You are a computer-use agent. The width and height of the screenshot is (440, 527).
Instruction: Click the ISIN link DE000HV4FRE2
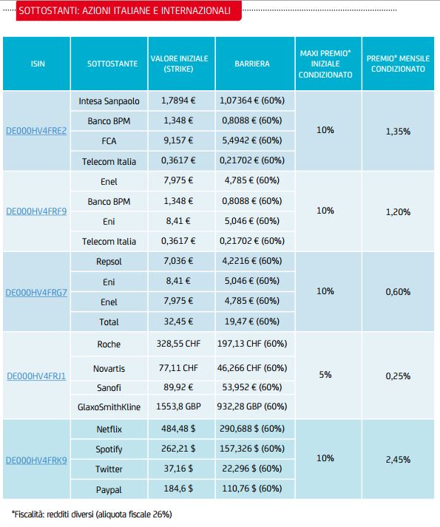(36, 131)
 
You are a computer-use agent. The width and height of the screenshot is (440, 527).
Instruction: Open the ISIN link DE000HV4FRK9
(36, 460)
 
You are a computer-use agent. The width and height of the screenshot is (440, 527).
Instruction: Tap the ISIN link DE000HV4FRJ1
(36, 376)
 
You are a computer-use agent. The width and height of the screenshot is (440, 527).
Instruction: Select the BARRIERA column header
(252, 64)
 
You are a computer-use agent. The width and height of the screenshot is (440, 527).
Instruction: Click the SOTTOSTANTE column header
(112, 64)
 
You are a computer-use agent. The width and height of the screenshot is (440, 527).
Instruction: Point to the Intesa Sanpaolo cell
(109, 101)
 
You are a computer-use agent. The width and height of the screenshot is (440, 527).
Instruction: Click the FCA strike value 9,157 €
(178, 140)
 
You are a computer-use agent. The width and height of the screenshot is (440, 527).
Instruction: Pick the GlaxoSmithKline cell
(109, 407)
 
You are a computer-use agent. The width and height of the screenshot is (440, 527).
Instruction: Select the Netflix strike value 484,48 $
(178, 429)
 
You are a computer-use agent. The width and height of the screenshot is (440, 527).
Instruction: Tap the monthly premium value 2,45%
(398, 460)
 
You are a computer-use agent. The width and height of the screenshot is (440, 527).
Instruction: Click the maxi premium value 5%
(325, 375)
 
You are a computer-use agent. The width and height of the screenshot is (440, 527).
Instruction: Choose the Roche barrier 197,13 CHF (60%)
(252, 344)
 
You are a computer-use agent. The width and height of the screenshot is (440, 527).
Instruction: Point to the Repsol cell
(109, 262)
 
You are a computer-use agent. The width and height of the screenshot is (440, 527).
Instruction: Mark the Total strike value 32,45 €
(178, 322)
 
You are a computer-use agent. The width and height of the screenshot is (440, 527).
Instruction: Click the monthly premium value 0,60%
(398, 292)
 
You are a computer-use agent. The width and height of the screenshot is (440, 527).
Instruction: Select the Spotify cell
(109, 449)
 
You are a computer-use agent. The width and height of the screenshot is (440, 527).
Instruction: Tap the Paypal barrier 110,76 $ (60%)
(252, 489)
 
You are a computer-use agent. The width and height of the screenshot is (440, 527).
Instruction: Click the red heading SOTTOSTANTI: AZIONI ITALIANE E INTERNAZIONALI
(124, 11)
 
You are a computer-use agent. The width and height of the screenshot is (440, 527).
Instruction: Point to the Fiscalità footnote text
(92, 514)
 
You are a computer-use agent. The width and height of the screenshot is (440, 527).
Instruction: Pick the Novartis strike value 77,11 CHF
(178, 368)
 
